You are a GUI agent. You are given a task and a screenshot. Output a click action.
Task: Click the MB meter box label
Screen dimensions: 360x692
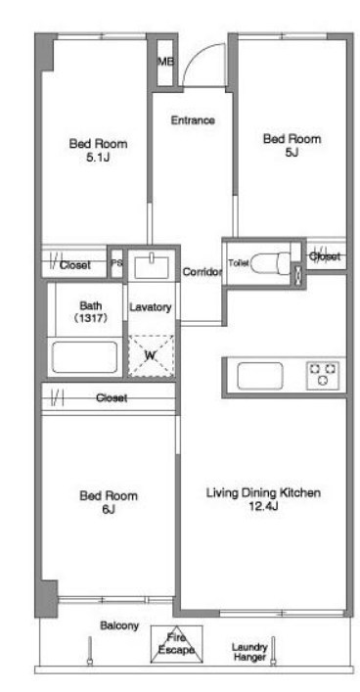165,63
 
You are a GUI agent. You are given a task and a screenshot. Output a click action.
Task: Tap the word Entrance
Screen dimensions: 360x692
193,120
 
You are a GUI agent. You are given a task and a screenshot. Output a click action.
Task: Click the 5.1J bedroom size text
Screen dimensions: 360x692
98,158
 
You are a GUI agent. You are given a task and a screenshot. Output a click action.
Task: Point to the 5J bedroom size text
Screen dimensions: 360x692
292,153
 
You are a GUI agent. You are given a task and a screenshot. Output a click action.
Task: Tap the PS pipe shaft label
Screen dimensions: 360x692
117,264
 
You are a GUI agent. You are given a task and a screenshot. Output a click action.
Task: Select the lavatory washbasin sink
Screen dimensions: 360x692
152,266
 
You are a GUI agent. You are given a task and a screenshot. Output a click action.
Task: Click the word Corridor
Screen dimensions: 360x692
202,272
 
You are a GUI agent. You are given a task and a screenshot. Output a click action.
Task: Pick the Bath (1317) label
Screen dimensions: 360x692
90,311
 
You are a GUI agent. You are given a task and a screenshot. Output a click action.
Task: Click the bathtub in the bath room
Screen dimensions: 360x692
85,357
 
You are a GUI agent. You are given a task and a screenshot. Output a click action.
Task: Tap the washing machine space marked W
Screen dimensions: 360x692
151,356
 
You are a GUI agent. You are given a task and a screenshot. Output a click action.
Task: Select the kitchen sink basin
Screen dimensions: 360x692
260,376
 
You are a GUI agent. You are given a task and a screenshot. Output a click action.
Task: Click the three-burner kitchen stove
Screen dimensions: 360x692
323,375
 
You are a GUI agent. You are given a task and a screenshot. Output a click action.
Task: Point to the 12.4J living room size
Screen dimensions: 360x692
263,507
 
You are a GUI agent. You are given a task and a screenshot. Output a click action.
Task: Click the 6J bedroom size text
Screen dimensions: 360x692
109,509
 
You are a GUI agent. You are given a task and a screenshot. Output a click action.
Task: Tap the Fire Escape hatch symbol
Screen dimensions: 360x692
176,644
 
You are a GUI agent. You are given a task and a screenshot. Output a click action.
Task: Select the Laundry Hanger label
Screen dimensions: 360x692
249,652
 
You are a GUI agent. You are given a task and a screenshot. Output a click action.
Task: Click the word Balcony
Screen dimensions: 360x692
119,625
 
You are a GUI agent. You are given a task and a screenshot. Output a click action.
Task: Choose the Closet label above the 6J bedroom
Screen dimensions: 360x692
112,398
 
